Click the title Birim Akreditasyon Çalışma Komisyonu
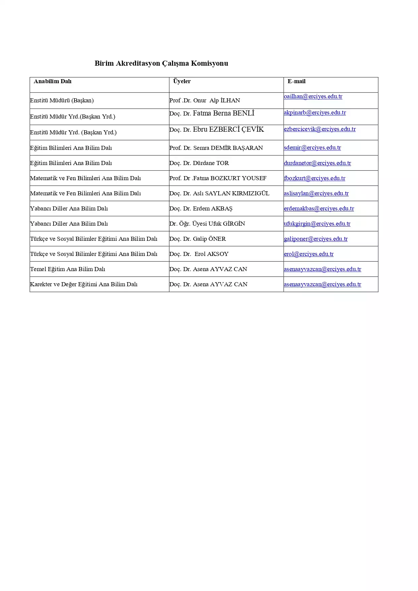point(161,63)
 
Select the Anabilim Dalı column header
point(53,81)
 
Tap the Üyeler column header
point(182,81)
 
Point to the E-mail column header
point(296,81)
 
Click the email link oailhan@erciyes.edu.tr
point(313,97)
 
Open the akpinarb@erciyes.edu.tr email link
point(315,113)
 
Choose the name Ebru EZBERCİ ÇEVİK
point(228,129)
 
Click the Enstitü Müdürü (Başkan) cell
point(62,100)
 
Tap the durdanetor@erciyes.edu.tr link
point(317,163)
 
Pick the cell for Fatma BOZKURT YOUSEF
point(218,178)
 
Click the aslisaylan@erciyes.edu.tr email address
point(316,193)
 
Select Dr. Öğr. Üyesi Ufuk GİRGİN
point(207,224)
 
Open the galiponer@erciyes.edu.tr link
point(316,239)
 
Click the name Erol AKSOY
point(211,254)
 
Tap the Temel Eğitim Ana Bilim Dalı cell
point(67,269)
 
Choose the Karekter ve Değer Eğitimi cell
point(84,284)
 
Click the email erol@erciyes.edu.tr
point(309,254)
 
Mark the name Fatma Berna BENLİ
point(223,113)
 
